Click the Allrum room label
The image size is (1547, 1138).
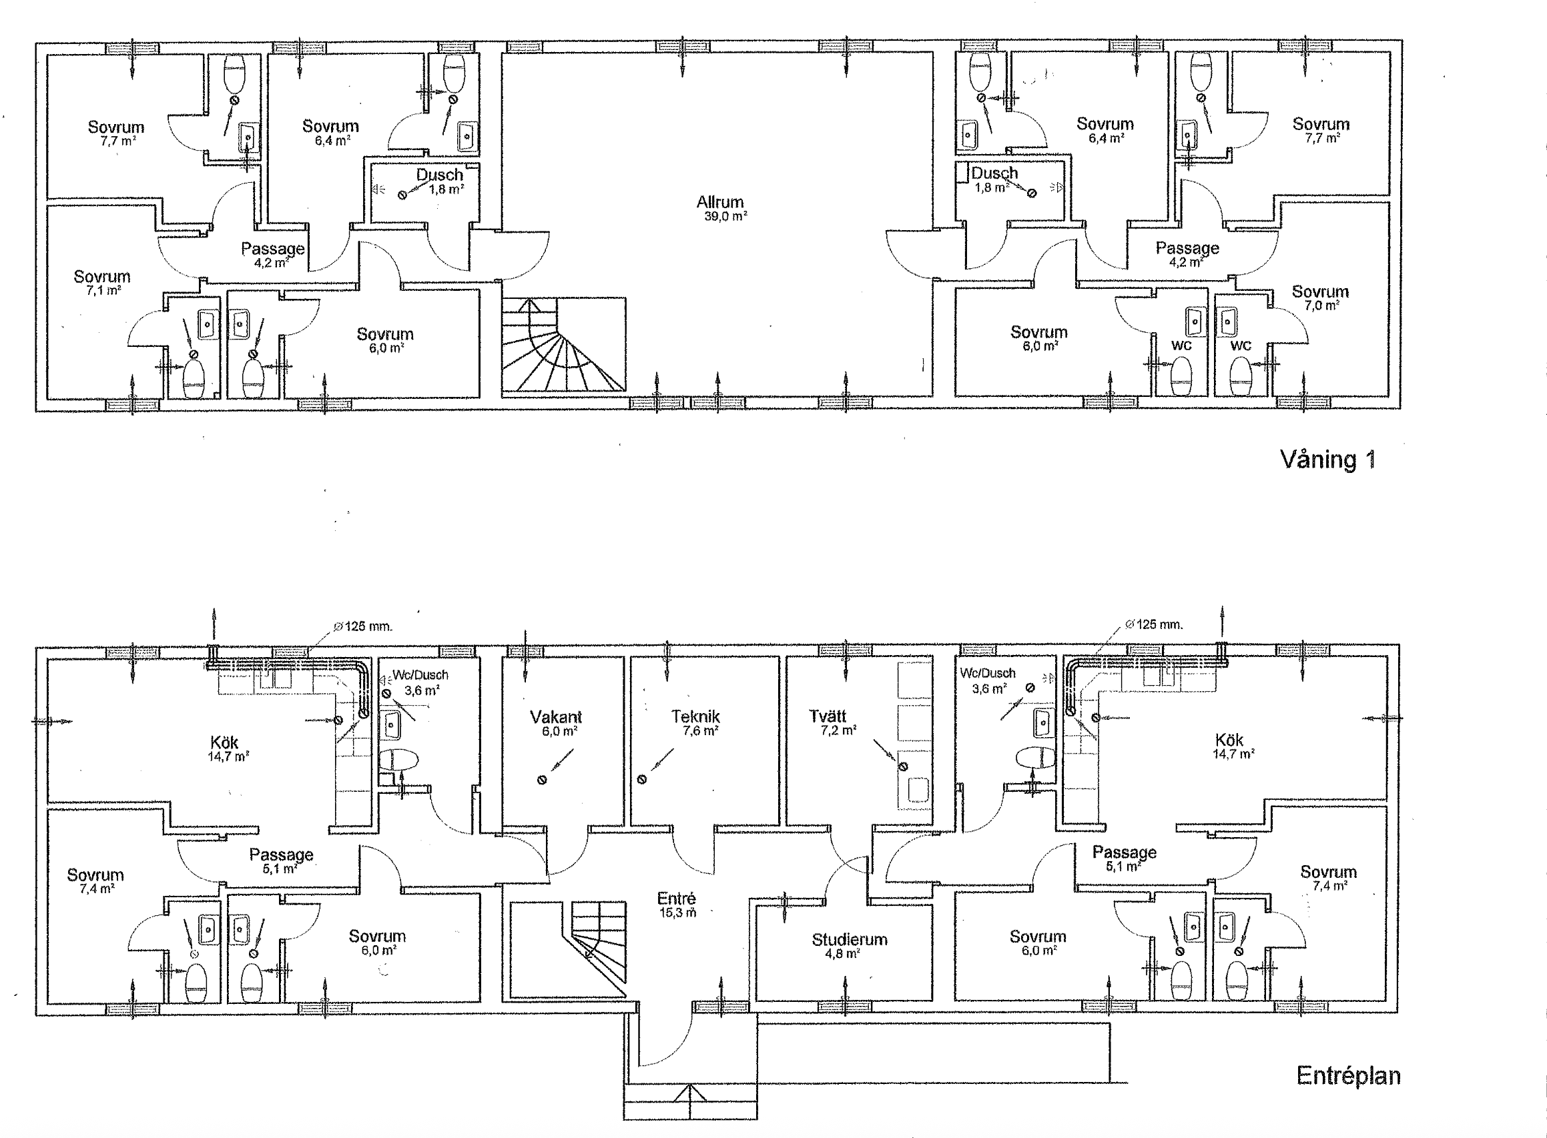(x=720, y=202)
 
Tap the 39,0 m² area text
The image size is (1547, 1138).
(x=725, y=215)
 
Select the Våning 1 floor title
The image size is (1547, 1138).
(x=1328, y=460)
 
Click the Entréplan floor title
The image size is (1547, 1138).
(x=1348, y=1075)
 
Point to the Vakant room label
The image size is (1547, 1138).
(x=556, y=716)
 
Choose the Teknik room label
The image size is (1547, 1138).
(x=695, y=716)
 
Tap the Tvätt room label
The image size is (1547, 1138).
(x=827, y=716)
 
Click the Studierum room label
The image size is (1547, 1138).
(x=849, y=940)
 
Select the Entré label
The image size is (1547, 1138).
(x=677, y=899)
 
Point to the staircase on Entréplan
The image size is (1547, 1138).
(x=599, y=944)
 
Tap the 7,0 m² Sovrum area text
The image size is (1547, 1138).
(x=1320, y=305)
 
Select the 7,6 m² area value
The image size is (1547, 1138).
(x=701, y=731)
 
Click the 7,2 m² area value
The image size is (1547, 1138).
(x=839, y=731)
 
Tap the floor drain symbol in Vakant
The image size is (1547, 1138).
(x=543, y=780)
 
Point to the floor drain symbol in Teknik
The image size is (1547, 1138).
(x=641, y=780)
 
